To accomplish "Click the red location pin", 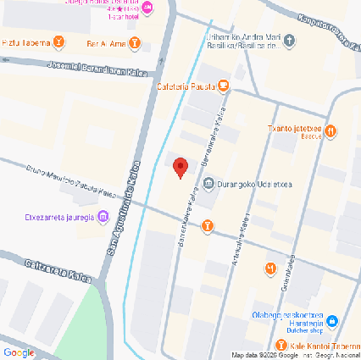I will point(180,168).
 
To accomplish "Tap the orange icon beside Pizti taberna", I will point(58,42).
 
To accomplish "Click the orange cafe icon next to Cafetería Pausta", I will point(222,85).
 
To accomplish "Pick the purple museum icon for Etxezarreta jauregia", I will point(103,218).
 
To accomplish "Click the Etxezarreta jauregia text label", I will point(58,218).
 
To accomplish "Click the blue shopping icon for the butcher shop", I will point(333,321).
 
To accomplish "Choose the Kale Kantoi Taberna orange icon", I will point(280,345).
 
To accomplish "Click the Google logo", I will point(18,352).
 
